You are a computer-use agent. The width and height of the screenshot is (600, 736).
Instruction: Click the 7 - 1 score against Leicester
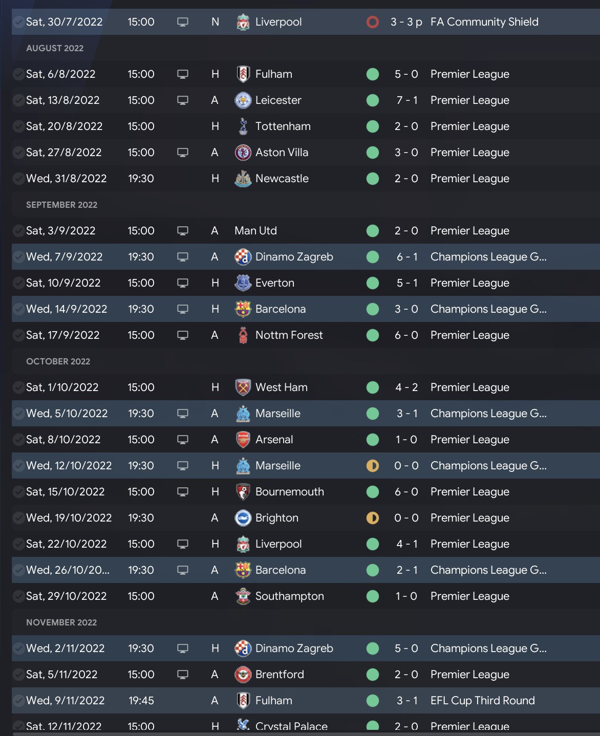click(406, 100)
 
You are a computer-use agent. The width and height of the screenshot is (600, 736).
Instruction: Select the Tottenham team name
click(283, 126)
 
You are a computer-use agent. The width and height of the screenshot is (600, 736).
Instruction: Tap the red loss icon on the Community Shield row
click(373, 22)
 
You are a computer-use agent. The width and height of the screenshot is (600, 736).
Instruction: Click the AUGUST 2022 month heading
click(55, 48)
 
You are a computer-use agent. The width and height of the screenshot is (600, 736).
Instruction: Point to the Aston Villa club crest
click(243, 153)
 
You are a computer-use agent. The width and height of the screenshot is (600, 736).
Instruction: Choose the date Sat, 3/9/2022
click(60, 231)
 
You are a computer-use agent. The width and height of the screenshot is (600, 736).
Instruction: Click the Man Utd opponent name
click(255, 231)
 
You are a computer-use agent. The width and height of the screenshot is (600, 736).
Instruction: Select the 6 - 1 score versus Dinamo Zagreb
click(406, 257)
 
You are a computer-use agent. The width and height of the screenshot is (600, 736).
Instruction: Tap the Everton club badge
click(243, 283)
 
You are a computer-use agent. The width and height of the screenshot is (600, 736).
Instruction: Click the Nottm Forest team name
click(289, 335)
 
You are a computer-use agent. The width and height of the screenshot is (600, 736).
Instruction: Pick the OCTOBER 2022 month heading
click(58, 361)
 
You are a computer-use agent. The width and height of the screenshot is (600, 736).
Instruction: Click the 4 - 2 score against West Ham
click(406, 387)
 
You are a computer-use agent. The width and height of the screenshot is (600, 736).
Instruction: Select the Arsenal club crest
click(243, 440)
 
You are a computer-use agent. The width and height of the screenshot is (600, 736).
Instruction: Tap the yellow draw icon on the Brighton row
click(373, 518)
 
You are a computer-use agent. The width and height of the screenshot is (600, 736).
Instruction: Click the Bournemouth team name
click(289, 492)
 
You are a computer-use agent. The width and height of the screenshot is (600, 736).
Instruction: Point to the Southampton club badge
click(243, 596)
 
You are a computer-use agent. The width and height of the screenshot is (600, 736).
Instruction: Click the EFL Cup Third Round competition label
click(482, 701)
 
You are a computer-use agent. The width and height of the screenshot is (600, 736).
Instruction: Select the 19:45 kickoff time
click(141, 701)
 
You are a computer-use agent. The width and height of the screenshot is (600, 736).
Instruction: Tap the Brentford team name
click(280, 675)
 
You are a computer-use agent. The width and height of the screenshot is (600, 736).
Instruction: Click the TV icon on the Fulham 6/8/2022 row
click(183, 74)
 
